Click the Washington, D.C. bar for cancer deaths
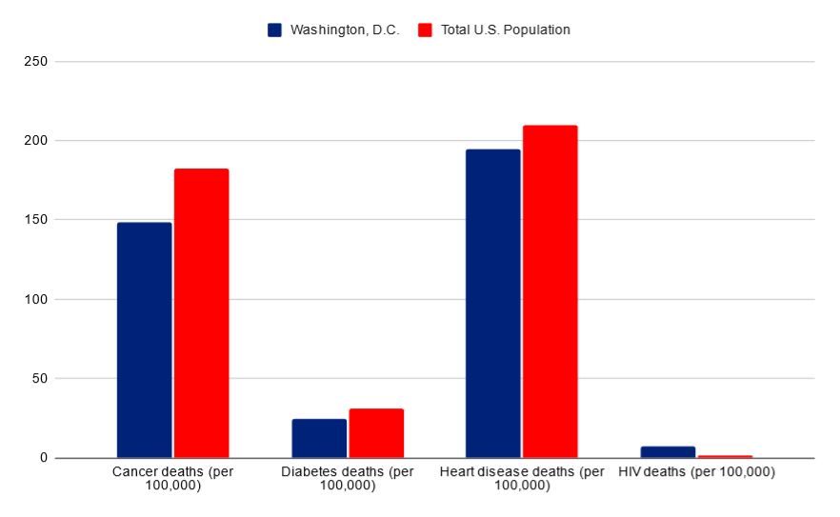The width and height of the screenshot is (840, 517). click(x=144, y=340)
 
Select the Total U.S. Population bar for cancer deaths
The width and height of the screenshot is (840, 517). click(x=201, y=313)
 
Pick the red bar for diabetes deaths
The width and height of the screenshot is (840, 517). click(x=376, y=433)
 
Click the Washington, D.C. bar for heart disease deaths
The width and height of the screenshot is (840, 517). click(x=493, y=303)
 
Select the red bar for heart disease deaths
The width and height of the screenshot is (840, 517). click(x=550, y=291)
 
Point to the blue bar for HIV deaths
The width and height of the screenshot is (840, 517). click(x=668, y=452)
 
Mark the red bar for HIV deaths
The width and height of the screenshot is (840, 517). click(x=725, y=456)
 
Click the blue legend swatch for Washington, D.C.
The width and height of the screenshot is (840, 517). click(x=274, y=30)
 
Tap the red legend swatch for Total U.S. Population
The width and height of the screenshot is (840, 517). click(x=425, y=30)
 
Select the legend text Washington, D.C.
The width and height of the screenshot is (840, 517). click(x=344, y=30)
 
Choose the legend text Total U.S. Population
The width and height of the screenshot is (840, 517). click(x=505, y=30)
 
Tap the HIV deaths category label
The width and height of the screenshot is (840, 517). click(x=696, y=472)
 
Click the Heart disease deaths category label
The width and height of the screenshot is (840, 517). click(x=522, y=479)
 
